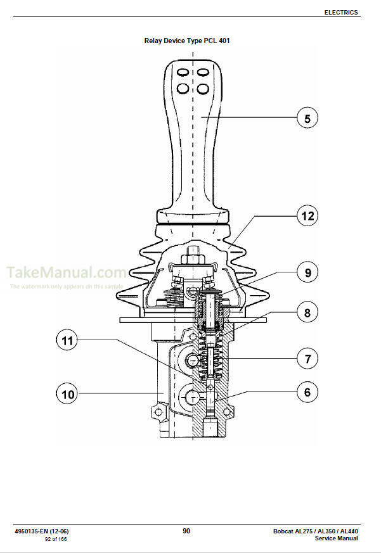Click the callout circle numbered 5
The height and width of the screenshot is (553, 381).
pyautogui.click(x=307, y=118)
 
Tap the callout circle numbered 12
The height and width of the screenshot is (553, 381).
pyautogui.click(x=307, y=215)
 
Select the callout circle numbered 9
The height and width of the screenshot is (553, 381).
pyautogui.click(x=307, y=272)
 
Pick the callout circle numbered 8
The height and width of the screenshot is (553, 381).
pyautogui.click(x=307, y=312)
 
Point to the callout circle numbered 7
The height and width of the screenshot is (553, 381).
pyautogui.click(x=307, y=359)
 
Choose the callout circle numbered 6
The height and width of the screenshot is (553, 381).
pyautogui.click(x=307, y=392)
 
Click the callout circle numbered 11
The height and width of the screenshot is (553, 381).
pyautogui.click(x=67, y=340)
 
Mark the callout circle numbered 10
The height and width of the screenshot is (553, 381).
pyautogui.click(x=67, y=394)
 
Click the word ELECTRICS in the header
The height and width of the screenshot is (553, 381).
pyautogui.click(x=341, y=12)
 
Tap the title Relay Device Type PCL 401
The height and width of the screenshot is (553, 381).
pyautogui.click(x=187, y=41)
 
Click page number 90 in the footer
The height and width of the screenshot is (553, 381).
pyautogui.click(x=186, y=531)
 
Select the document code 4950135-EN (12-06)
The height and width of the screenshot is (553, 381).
pyautogui.click(x=42, y=531)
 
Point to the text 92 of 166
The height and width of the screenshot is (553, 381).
pyautogui.click(x=55, y=539)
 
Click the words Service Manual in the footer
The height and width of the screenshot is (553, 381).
pyautogui.click(x=336, y=538)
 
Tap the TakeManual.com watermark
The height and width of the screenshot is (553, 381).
pyautogui.click(x=67, y=272)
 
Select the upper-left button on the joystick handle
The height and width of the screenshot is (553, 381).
pyautogui.click(x=183, y=72)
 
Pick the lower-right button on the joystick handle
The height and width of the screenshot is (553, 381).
pyautogui.click(x=203, y=88)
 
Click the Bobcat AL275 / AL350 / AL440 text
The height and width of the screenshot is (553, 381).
pyautogui.click(x=315, y=531)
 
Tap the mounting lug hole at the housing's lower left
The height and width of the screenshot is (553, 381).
pyautogui.click(x=158, y=412)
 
